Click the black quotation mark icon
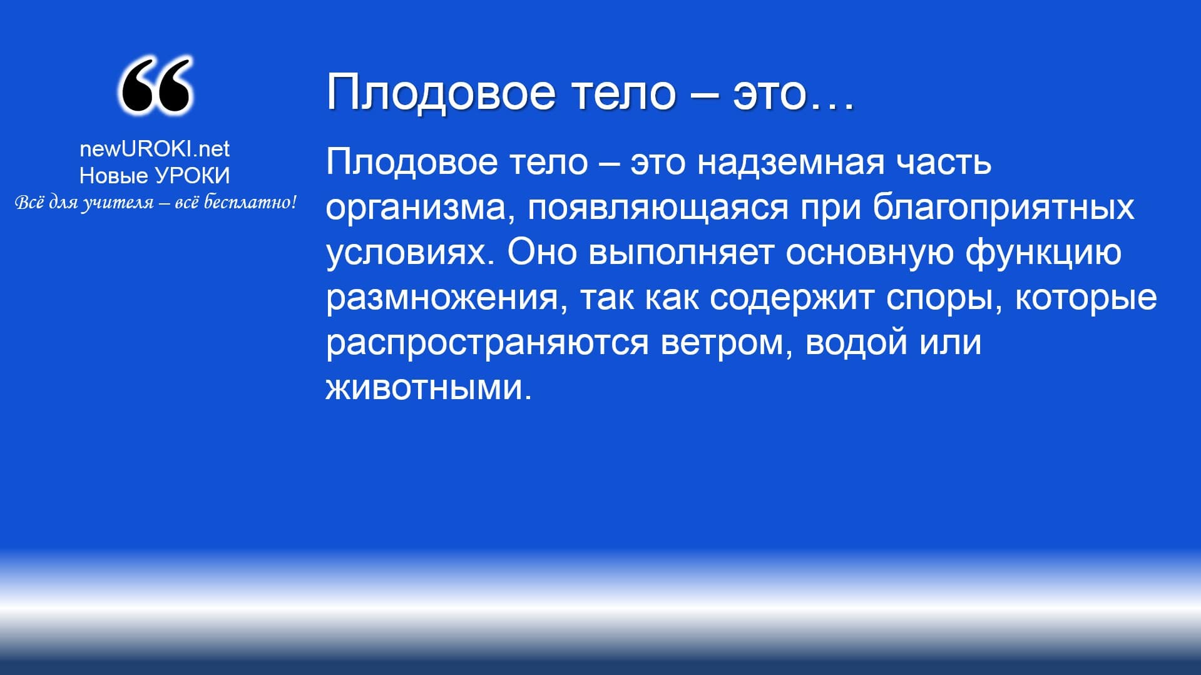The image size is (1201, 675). click(x=155, y=86)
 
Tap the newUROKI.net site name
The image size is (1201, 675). click(x=155, y=149)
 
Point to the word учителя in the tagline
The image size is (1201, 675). click(x=118, y=203)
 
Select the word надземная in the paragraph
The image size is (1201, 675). click(x=791, y=163)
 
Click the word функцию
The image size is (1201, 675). click(x=1043, y=253)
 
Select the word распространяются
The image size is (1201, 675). click(x=488, y=343)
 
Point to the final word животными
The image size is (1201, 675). click(x=428, y=388)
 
